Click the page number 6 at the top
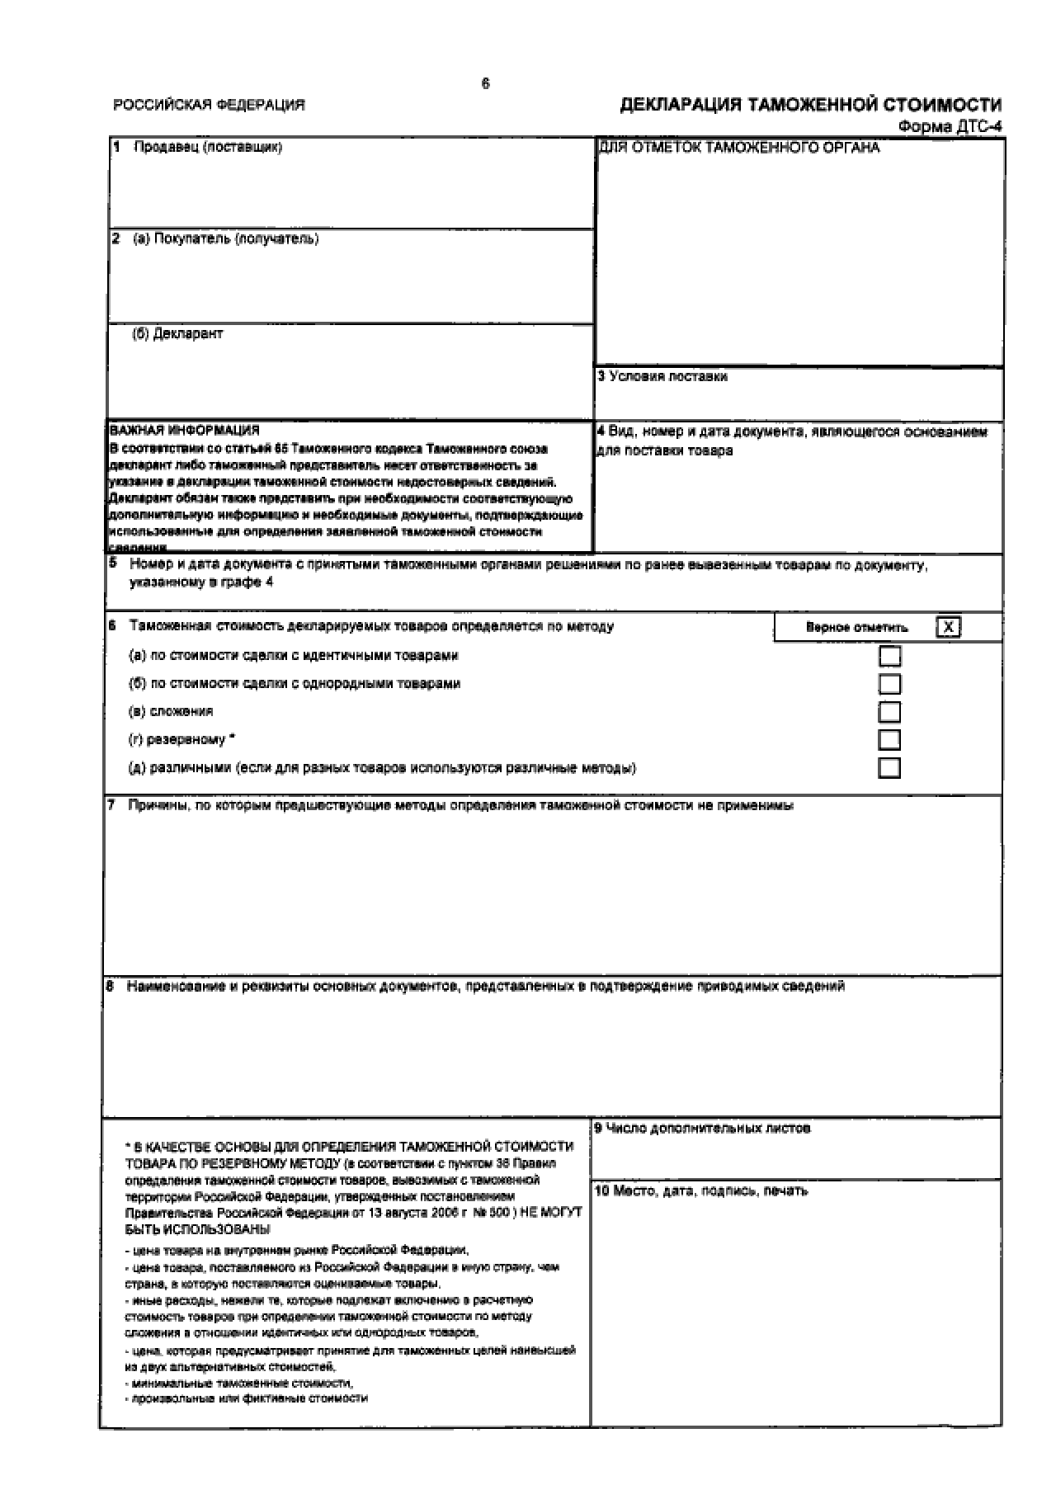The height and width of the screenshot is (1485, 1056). [485, 83]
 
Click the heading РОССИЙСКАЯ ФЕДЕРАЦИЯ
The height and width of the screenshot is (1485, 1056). [209, 105]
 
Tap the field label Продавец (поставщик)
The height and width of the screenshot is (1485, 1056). [207, 147]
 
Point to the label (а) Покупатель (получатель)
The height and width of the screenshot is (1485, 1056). [225, 238]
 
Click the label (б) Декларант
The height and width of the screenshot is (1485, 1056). [177, 333]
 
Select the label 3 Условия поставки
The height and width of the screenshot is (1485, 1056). [662, 376]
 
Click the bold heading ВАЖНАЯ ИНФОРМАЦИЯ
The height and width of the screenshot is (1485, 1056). [184, 430]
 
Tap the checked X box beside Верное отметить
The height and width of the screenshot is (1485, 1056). [949, 627]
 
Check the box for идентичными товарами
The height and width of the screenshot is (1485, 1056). [889, 656]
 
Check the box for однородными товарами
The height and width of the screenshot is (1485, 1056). [889, 684]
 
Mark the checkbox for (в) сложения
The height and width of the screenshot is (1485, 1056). [889, 712]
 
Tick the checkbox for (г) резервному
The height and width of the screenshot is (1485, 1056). [889, 739]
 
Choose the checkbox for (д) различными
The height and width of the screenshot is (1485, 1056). [889, 768]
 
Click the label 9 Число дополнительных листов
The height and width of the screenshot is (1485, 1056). [702, 1128]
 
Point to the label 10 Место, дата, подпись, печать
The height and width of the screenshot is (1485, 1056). [700, 1190]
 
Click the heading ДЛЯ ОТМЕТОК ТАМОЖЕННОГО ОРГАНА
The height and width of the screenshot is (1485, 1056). [739, 148]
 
